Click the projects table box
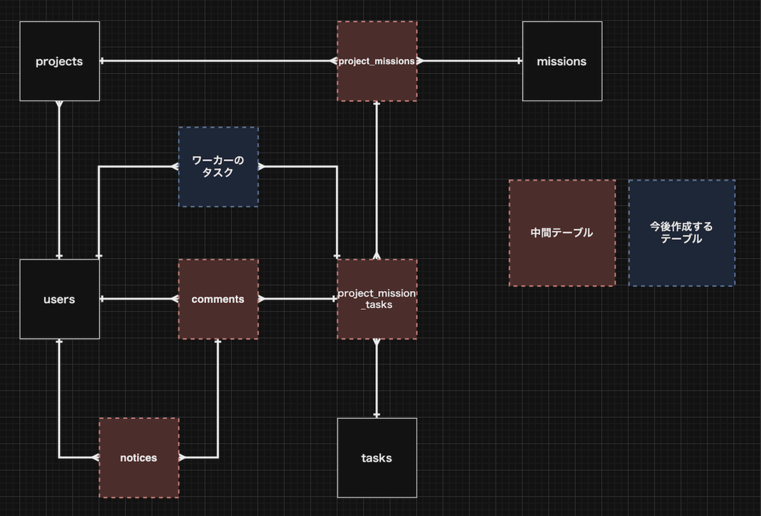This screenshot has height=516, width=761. pos(60,61)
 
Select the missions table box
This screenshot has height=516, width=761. pos(563,61)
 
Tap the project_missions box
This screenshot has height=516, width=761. pos(377,61)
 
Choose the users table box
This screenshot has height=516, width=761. pos(60,299)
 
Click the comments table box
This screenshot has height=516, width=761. pos(218,299)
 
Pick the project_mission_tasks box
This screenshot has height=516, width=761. pos(377,299)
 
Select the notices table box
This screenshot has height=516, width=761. pos(139,458)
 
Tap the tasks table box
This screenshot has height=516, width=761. pos(377,458)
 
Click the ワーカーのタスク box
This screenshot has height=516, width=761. pos(218,167)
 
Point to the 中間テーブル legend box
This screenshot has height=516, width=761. pos(563,233)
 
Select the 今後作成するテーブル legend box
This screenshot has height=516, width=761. pos(682,233)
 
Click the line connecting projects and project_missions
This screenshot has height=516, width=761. pos(218,61)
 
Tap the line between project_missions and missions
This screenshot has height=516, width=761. pos(470,61)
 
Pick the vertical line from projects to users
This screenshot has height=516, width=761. pos(60,180)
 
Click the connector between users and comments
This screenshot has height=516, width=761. pos(139,299)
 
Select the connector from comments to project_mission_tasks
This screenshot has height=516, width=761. pos(298,299)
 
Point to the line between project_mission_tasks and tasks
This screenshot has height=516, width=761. pos(377,378)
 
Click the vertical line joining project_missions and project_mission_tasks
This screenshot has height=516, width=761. pos(377,180)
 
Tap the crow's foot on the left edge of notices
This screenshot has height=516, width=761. pos(96,458)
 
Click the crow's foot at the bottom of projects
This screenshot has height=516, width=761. pos(60,105)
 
